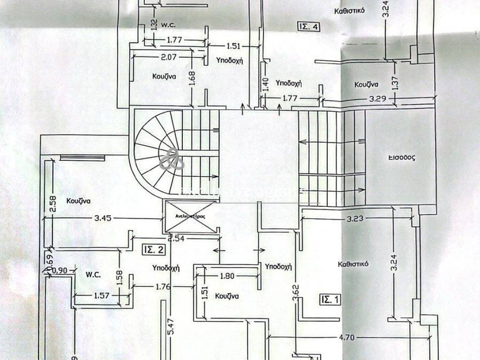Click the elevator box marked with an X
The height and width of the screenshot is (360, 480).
(x=189, y=216)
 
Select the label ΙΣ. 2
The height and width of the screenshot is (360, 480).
(x=154, y=250)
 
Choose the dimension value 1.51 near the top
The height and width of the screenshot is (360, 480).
(x=233, y=46)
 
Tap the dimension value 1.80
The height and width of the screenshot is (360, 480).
(x=227, y=276)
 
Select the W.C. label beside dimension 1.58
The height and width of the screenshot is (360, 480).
(x=93, y=274)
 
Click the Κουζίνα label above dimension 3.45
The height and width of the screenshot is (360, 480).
(x=78, y=201)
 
